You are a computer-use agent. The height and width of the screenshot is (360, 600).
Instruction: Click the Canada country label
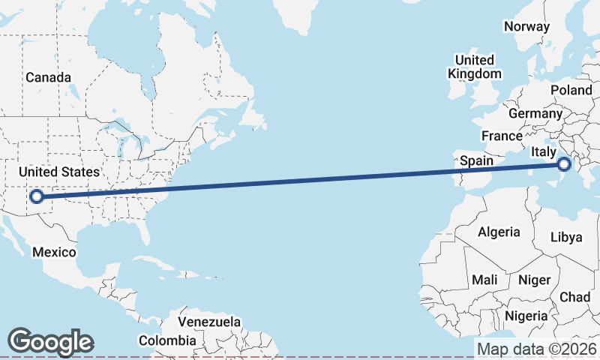coord(48,78)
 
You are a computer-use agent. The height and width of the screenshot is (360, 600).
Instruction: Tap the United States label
coord(58,172)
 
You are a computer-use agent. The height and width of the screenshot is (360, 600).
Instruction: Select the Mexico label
coord(54,252)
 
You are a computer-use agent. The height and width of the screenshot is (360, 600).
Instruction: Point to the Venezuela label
coord(209,322)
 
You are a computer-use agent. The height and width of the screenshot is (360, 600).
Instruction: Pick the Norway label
coord(527,26)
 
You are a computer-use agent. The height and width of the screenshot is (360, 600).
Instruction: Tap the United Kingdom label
coord(474,67)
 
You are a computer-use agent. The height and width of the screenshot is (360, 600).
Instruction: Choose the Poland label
coord(571,90)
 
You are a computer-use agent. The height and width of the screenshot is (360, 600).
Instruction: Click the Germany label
coord(535,114)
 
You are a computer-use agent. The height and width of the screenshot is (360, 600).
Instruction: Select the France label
coord(502,136)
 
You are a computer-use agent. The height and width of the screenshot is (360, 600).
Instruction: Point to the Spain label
coord(476,160)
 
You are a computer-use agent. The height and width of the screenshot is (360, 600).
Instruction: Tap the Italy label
coord(543,152)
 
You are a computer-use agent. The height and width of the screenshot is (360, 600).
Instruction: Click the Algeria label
coord(499,232)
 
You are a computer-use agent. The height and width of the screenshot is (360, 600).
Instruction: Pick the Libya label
coord(565,237)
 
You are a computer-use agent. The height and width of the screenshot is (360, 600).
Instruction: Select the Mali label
coord(484,280)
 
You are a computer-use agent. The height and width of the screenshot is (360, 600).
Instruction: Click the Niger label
coord(534,280)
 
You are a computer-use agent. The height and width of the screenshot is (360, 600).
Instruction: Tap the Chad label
coord(574,297)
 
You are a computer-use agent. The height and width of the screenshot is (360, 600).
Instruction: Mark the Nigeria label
coord(526,316)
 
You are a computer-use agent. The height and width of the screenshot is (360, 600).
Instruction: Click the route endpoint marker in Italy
coord(564,164)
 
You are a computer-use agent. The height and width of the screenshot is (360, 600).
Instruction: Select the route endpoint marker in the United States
coord(35,198)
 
